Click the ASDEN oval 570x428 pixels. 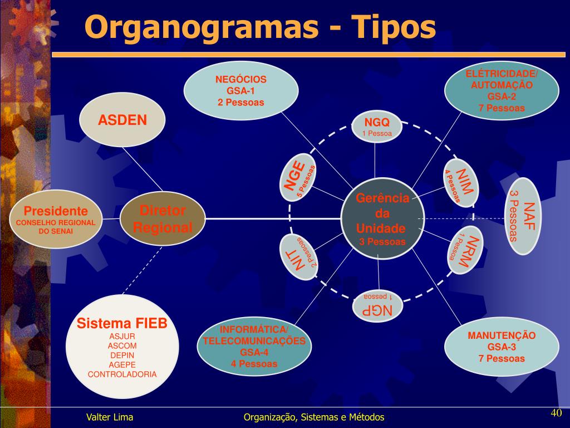[122, 120]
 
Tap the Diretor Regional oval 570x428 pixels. [162, 219]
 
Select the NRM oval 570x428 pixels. [465, 250]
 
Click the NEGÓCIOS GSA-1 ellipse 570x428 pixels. [240, 91]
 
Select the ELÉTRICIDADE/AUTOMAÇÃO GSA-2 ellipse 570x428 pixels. [502, 91]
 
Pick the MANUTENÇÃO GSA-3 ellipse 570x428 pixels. [502, 347]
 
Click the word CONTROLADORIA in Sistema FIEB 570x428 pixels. [122, 374]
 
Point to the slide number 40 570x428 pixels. [556, 413]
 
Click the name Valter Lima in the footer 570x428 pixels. [110, 417]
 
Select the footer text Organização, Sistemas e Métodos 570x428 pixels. [314, 417]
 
